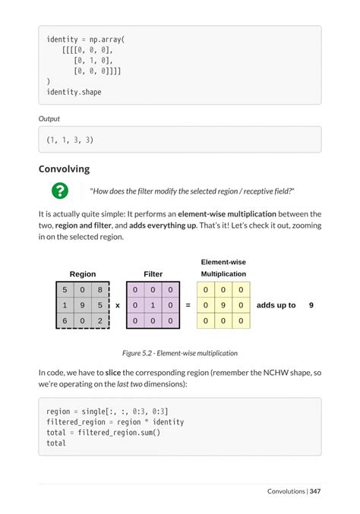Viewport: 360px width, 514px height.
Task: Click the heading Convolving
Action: tap(64, 169)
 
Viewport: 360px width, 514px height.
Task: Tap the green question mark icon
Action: tap(58, 191)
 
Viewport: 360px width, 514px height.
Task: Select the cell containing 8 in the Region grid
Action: tap(100, 289)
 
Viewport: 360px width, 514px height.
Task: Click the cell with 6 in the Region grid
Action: tap(65, 320)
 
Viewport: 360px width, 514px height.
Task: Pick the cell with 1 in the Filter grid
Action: tap(152, 305)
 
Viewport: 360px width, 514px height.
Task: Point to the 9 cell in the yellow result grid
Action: tap(223, 305)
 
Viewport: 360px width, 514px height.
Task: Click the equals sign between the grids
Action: tap(188, 305)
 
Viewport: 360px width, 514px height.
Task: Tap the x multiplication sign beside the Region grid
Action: tap(118, 305)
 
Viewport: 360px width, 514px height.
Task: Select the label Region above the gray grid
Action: tap(83, 274)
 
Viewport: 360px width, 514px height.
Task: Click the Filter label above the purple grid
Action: tap(153, 274)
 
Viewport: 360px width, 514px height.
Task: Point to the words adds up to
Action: tap(276, 305)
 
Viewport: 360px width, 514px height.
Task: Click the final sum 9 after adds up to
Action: tap(311, 305)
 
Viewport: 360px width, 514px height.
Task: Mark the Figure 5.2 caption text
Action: tap(180, 353)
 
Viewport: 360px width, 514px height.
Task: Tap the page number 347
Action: tap(315, 491)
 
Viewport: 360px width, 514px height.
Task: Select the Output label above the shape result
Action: tap(49, 118)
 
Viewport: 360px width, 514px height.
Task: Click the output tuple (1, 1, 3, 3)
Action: tap(70, 140)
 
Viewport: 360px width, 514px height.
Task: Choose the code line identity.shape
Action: tap(74, 93)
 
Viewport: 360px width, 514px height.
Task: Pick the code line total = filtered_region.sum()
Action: tap(103, 432)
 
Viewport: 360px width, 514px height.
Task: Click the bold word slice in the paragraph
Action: tap(112, 373)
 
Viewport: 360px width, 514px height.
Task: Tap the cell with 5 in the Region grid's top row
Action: tap(65, 289)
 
